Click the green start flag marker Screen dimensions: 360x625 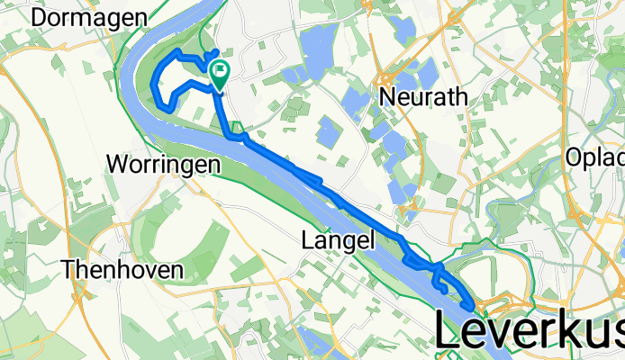tap(219, 70)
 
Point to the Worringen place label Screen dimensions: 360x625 tap(163, 165)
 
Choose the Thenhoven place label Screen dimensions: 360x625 tap(122, 268)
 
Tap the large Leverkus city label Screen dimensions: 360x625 tap(530, 329)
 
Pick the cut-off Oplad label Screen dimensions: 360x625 tap(595, 158)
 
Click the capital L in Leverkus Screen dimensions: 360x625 tap(451, 329)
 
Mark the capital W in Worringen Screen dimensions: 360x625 tap(116, 165)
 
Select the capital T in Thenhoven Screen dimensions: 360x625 tap(67, 268)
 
